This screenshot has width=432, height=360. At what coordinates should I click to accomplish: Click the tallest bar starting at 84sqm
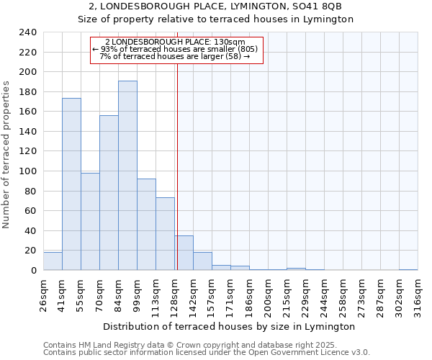coord(127,176)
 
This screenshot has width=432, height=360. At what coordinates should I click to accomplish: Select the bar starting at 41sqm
coord(71,184)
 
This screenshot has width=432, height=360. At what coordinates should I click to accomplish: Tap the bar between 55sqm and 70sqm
coord(90,222)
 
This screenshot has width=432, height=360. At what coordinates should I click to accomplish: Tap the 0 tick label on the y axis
coord(33,270)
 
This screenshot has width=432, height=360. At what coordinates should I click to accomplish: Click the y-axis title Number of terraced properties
coord(6,155)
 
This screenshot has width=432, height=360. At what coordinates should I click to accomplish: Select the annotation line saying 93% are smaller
coord(177,48)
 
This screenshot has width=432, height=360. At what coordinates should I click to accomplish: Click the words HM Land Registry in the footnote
coord(111,345)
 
